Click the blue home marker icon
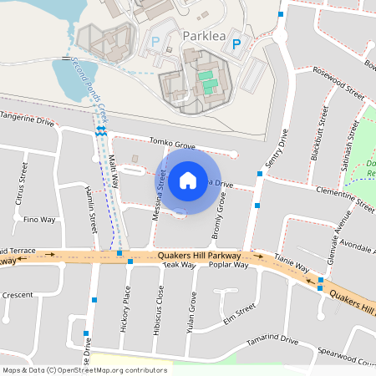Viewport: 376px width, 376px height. pyautogui.click(x=188, y=180)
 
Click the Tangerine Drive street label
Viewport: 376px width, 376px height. pyautogui.click(x=28, y=122)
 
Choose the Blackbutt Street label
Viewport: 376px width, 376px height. pyautogui.click(x=316, y=132)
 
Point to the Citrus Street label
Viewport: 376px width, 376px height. pyautogui.click(x=22, y=185)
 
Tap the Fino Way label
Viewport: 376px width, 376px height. pyautogui.click(x=39, y=220)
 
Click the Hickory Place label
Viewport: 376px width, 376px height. pyautogui.click(x=126, y=306)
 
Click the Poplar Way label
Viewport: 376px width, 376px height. pyautogui.click(x=229, y=265)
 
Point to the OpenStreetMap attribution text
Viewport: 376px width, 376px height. pyautogui.click(x=84, y=369)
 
